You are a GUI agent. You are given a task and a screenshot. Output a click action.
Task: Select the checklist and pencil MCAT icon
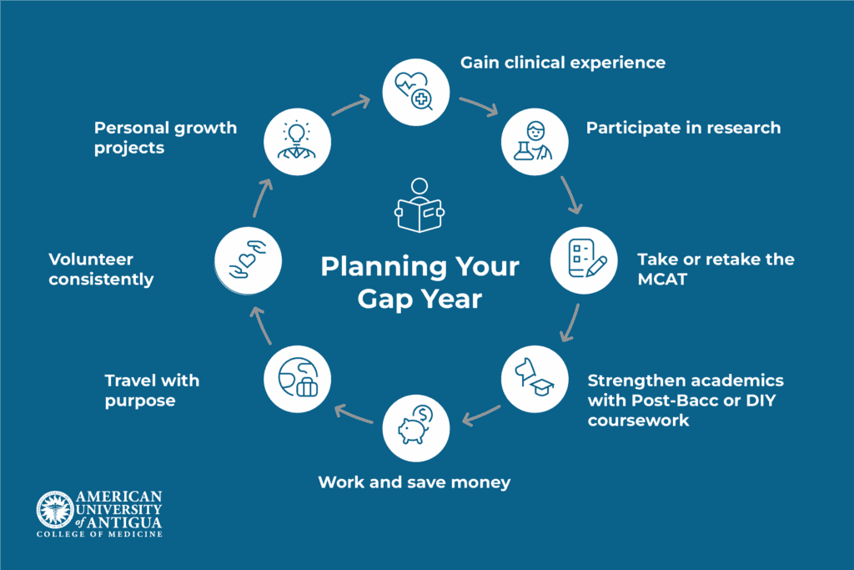tap(585, 259)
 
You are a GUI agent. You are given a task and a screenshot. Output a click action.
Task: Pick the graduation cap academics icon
tap(534, 379)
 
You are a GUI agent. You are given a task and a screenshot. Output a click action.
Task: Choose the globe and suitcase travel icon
tap(298, 379)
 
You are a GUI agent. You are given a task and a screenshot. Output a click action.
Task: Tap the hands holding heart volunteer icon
tap(248, 259)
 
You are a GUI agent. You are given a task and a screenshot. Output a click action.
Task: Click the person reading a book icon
tap(419, 204)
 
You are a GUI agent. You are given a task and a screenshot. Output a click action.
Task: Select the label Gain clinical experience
tap(563, 63)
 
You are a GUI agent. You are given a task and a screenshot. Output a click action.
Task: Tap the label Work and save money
tap(414, 482)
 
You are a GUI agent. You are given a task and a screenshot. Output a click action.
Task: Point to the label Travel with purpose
tap(152, 391)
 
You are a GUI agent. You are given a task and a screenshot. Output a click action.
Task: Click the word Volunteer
tap(91, 260)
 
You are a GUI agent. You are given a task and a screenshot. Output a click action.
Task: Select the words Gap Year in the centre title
tap(419, 299)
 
